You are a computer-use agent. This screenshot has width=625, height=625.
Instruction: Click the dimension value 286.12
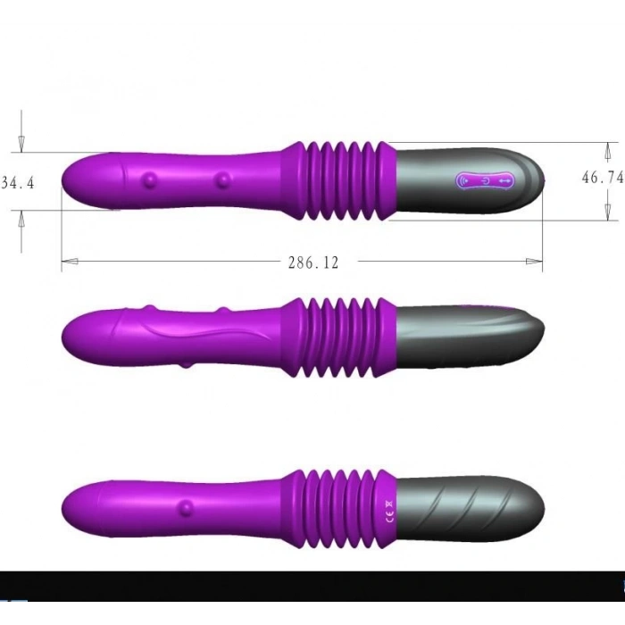pos(312,262)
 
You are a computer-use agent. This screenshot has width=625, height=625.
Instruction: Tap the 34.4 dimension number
pos(18,183)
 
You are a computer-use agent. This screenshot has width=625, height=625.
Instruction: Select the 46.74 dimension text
pos(602,178)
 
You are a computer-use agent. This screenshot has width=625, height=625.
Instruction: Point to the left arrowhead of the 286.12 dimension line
pos(69,262)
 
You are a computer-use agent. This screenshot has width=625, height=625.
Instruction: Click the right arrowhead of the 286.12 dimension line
pos(535,262)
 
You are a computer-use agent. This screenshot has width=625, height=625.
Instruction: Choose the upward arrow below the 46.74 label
pos(608,211)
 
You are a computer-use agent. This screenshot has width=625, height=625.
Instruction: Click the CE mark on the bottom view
pos(387,512)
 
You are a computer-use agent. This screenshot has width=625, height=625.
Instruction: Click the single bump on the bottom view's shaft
pos(187,509)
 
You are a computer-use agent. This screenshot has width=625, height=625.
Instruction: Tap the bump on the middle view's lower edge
pos(186,364)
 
